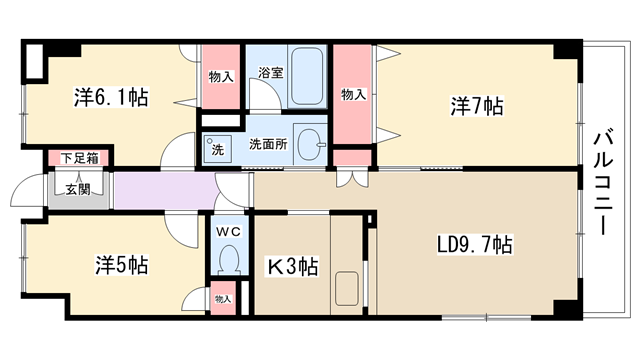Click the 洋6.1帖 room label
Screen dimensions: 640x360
click(x=111, y=97)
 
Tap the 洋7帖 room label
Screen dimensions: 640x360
click(x=477, y=106)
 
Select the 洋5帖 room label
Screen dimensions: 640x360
click(x=122, y=264)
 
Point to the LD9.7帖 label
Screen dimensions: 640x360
click(x=475, y=244)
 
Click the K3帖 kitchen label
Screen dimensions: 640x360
click(x=293, y=267)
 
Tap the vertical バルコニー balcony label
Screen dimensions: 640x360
click(x=603, y=182)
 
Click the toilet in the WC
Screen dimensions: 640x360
click(x=229, y=260)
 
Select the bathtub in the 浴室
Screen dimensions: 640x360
click(x=307, y=76)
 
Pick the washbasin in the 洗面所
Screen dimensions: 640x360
click(x=311, y=144)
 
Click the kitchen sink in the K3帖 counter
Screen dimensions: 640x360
click(x=347, y=289)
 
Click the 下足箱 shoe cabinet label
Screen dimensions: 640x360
click(x=80, y=158)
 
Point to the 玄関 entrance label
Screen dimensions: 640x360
click(x=78, y=189)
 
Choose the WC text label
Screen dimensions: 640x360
click(x=229, y=232)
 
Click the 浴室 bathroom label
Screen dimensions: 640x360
click(x=271, y=73)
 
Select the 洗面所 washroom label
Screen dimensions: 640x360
click(x=268, y=144)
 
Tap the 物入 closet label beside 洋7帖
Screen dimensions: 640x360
click(x=353, y=95)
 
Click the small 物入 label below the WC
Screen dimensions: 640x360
click(x=223, y=299)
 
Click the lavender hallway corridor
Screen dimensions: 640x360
click(x=165, y=191)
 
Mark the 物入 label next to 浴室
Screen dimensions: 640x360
click(x=221, y=77)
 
